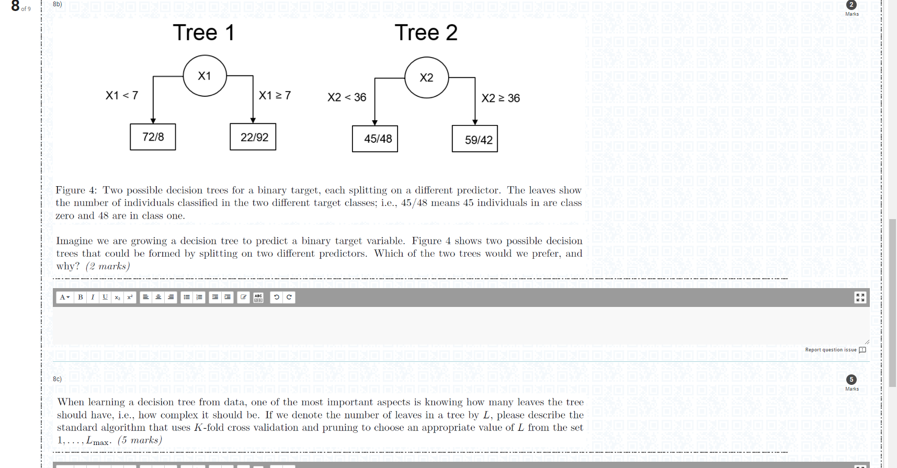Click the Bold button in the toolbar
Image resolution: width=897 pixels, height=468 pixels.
tap(81, 298)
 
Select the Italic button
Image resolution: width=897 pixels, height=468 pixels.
tap(93, 298)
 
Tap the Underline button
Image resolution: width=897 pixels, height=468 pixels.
tap(105, 298)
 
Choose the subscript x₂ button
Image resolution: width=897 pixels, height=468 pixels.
tap(118, 298)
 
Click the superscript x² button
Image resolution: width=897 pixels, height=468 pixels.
tap(130, 298)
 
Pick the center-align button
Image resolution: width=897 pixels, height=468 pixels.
tap(158, 298)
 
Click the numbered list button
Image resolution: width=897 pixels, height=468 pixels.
tap(199, 298)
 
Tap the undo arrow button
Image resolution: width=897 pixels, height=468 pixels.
tap(277, 298)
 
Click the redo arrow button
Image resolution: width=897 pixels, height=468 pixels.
tap(289, 298)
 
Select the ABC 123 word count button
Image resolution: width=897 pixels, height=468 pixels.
tap(258, 298)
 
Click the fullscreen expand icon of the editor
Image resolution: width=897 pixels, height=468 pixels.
tap(860, 298)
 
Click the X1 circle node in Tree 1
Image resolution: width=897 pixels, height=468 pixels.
tap(205, 76)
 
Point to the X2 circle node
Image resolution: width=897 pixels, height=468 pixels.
tap(427, 77)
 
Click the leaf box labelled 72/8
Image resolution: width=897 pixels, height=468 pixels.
tap(153, 137)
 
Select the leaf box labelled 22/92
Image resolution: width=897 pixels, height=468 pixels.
tap(253, 137)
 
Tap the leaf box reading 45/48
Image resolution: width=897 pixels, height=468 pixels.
tap(375, 139)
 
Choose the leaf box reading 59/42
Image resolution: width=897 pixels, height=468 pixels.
tap(475, 139)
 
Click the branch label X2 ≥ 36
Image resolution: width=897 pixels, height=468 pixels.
tap(501, 98)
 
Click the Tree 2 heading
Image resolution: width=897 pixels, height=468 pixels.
tap(426, 33)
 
